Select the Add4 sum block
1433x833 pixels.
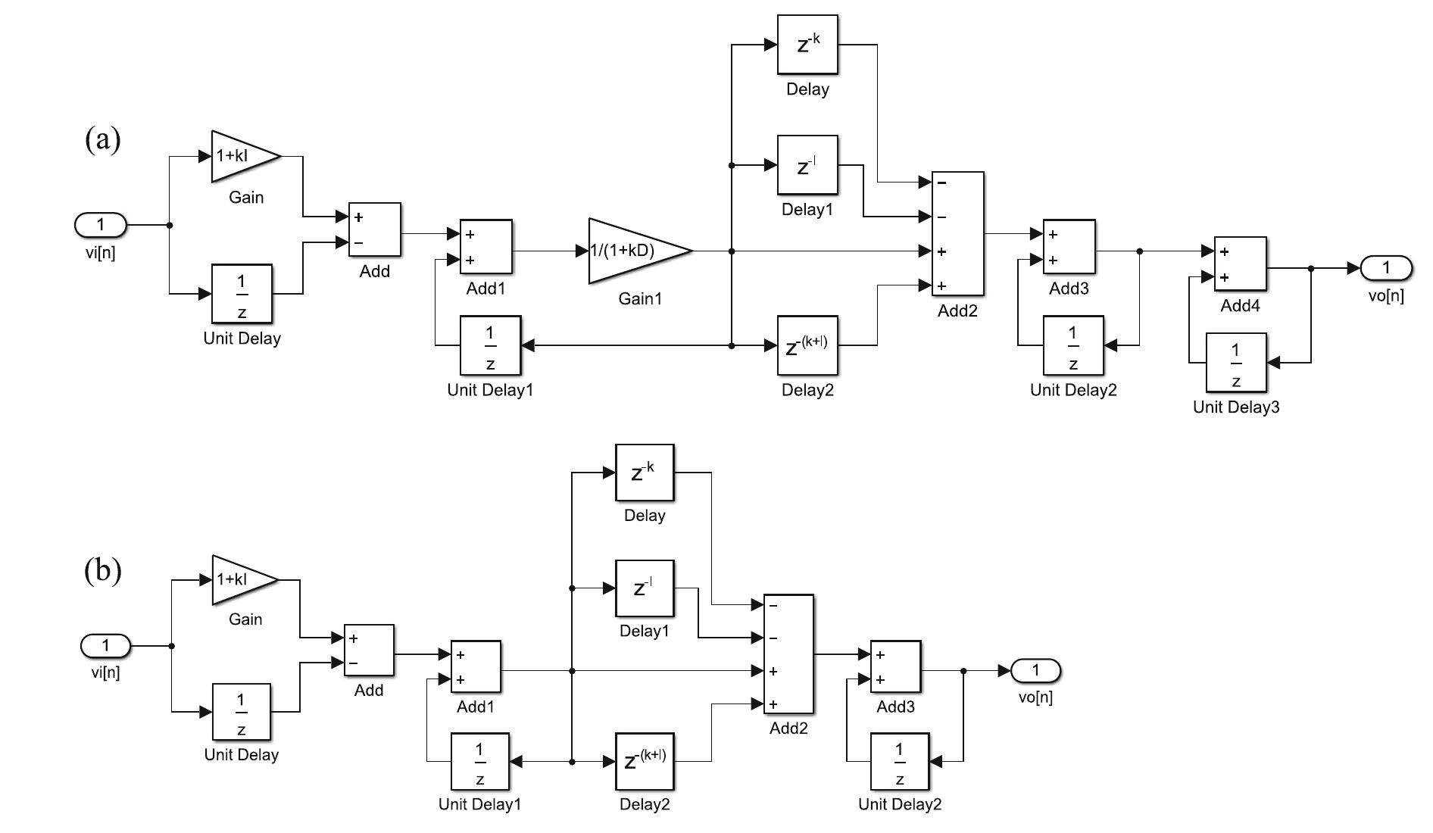[x=1240, y=264]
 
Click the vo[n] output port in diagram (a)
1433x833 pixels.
[x=1385, y=267]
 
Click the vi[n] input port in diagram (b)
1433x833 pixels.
[x=106, y=646]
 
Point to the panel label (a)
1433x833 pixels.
[x=102, y=140]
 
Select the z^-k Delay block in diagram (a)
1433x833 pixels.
[x=807, y=45]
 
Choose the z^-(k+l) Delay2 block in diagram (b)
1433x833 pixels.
[x=644, y=760]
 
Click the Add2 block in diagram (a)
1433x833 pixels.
[x=957, y=233]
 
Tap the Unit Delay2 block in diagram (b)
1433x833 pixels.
[x=899, y=760]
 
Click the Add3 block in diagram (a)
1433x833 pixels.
[x=1069, y=247]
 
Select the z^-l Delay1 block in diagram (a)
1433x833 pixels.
[x=807, y=165]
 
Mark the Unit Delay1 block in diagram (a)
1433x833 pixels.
[x=490, y=345]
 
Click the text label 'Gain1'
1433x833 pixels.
[x=640, y=299]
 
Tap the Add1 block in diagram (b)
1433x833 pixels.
[x=476, y=667]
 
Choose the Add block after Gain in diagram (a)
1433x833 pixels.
[x=374, y=229]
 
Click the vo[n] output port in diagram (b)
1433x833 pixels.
[x=1035, y=670]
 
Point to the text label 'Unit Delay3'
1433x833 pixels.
[x=1235, y=407]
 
